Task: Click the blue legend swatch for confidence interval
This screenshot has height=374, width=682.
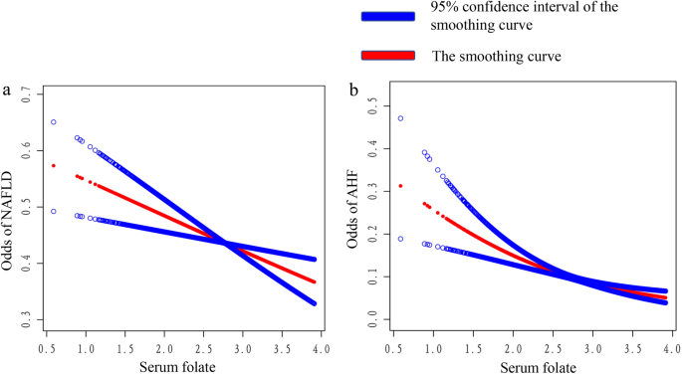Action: point(387,18)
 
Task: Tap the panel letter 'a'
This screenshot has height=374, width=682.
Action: point(8,92)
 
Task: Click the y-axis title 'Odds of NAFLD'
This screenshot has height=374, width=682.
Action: point(10,208)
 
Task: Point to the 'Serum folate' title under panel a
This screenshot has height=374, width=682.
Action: point(182,365)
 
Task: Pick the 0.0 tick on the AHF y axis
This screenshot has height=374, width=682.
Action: point(371,316)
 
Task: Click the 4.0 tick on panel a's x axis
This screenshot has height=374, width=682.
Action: point(317,348)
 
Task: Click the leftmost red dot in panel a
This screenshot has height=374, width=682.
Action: point(54,166)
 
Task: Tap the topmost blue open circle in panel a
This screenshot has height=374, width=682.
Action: point(54,122)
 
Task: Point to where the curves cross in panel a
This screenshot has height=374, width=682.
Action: point(227,244)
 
